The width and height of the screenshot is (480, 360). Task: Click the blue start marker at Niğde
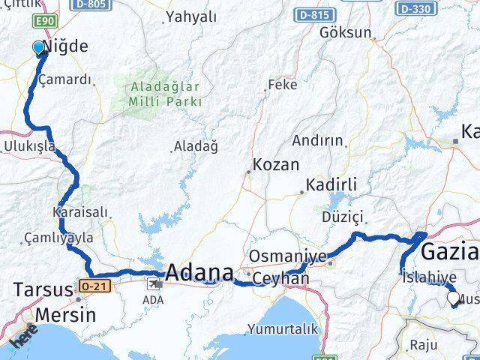pos(39,48)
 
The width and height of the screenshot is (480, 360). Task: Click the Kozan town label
pos(276,165)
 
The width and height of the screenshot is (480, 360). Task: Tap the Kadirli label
pos(331,184)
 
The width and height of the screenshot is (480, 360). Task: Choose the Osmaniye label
pos(287,256)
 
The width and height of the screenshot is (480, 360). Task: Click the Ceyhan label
pos(281,278)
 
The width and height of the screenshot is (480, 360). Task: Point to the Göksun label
pos(345,32)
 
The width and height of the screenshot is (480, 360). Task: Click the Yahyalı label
pos(190,16)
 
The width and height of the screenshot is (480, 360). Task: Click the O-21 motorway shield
pos(88,285)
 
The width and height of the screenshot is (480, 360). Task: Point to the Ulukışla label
pos(30,146)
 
